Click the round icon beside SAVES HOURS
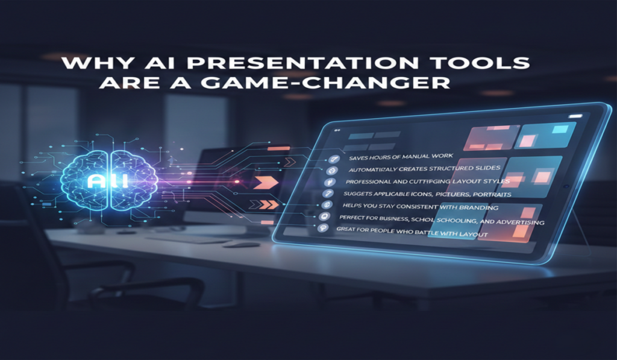tap(331, 159)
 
